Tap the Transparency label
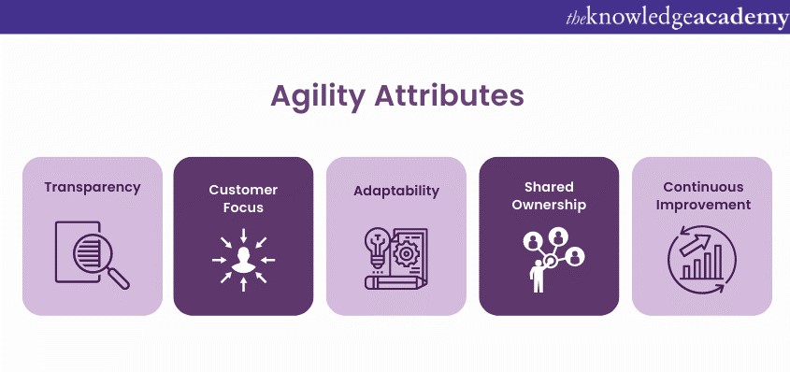pos(93,186)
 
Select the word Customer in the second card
pos(243,189)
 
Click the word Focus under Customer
pos(243,207)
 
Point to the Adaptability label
pos(395,190)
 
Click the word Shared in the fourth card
pos(549,187)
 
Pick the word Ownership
pos(549,206)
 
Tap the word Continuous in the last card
pos(702,187)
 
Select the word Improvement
pos(702,206)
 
